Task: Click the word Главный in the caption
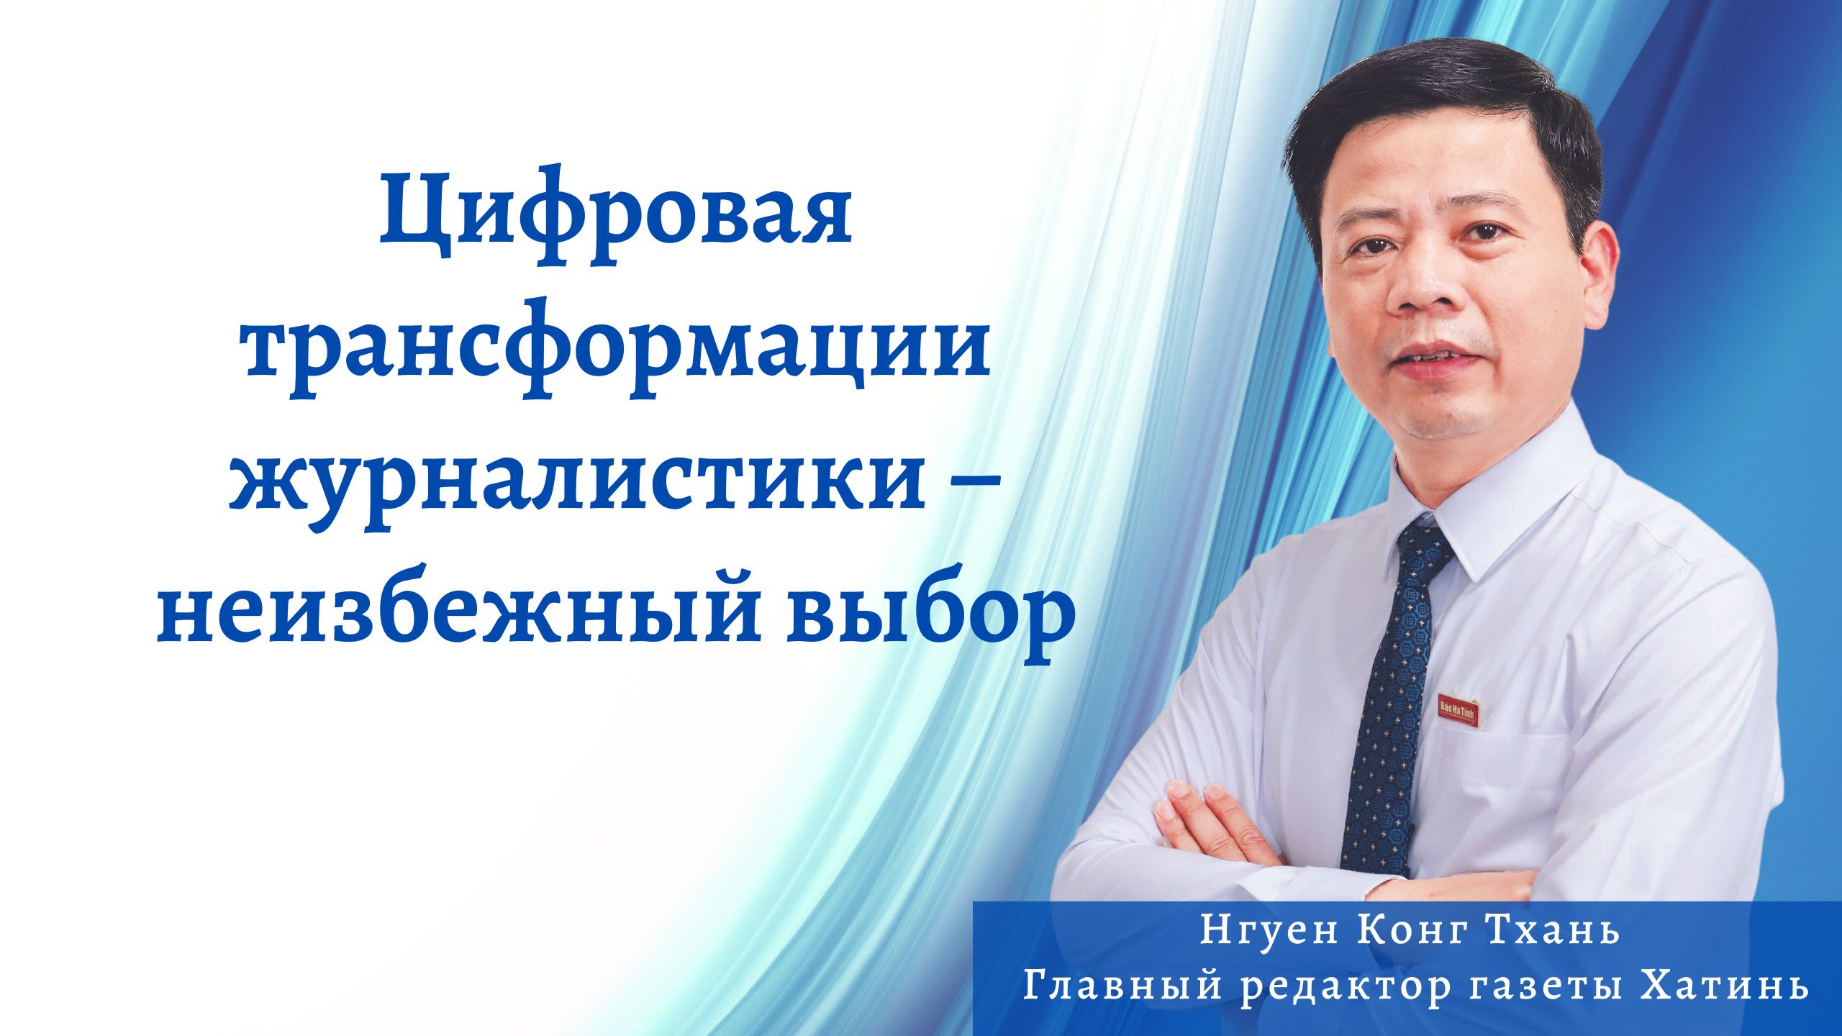click(1122, 985)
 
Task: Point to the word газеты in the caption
click(1545, 986)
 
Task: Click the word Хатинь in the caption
click(1724, 985)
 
